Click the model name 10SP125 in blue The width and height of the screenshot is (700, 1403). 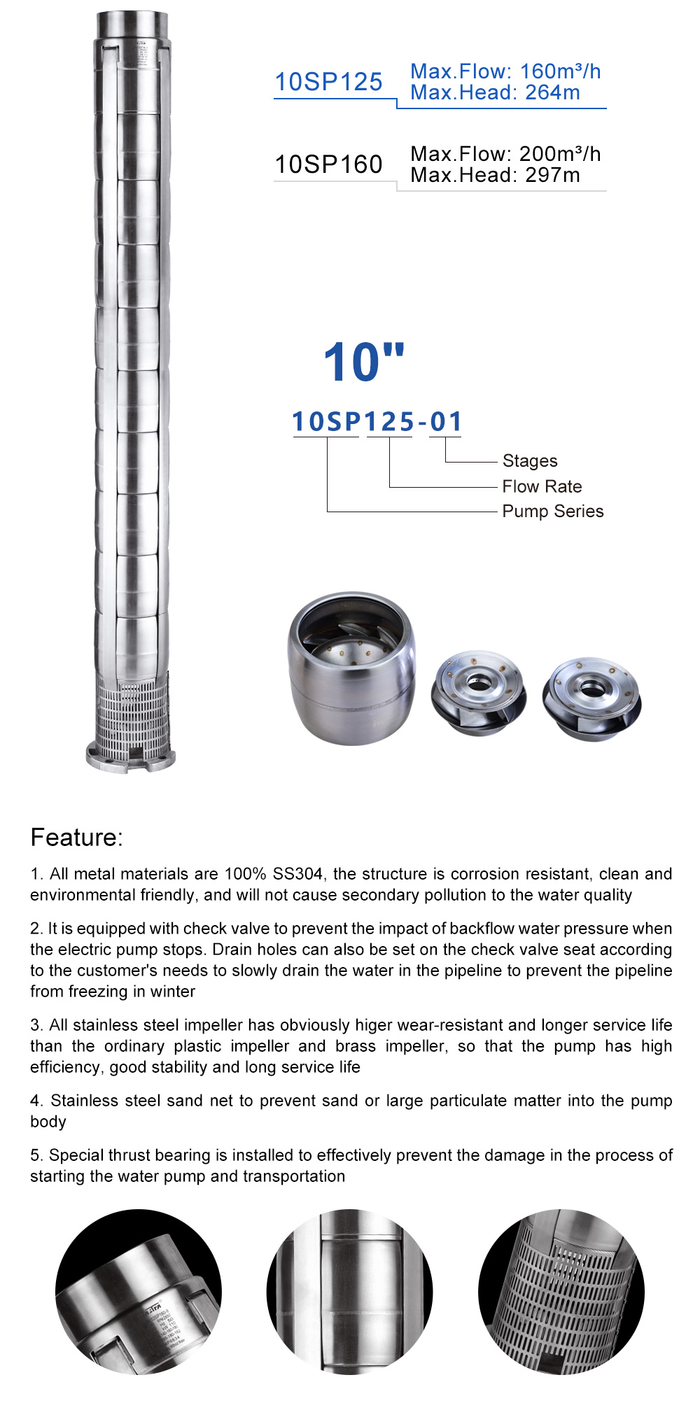point(328,82)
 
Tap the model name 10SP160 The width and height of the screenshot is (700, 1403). point(328,164)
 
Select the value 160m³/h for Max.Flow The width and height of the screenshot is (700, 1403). point(560,71)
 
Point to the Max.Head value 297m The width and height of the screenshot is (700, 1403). point(552,175)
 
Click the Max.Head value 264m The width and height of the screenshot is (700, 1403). point(552,92)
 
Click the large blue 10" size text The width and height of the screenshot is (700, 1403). point(364,362)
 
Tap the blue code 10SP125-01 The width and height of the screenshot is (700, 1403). point(377,421)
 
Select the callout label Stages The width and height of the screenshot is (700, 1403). point(530,460)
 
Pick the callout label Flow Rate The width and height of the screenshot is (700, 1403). point(542,486)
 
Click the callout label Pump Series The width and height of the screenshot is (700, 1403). point(552,511)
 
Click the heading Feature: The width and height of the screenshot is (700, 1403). point(76,837)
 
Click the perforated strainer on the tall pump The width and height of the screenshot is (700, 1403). point(132,714)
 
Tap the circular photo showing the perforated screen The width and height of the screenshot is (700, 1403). point(561,1292)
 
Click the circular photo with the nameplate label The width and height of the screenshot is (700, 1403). point(139,1292)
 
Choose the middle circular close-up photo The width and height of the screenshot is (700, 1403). point(349,1292)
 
